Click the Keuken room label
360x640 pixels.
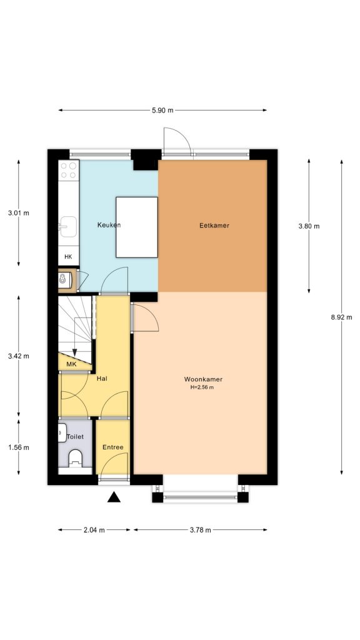point(109,225)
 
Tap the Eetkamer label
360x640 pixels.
point(214,226)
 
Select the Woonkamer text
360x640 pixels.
point(203,379)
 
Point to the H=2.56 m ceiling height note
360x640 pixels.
point(203,387)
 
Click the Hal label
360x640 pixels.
point(102,378)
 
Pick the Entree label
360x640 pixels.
point(113,447)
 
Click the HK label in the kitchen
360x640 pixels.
point(68,257)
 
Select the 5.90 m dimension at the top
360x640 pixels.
point(162,110)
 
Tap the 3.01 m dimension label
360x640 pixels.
point(19,213)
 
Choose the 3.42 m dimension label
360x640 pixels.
point(19,356)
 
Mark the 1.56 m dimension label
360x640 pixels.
point(19,447)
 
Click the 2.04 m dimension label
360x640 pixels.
point(94,530)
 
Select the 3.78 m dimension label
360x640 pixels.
point(200,530)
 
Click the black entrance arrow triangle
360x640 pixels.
point(114,497)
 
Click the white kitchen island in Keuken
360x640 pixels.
point(136,227)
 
